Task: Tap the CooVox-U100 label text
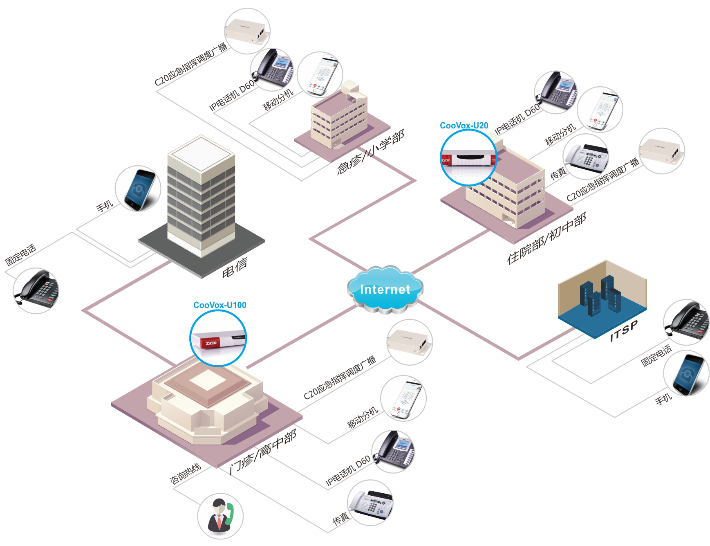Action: pos(219,305)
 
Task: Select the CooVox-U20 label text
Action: pos(464,126)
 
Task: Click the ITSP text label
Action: pos(623,331)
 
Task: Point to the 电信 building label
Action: pos(235,267)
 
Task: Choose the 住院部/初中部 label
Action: pos(546,239)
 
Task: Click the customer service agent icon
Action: pos(220,516)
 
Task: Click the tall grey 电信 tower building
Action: pos(201,196)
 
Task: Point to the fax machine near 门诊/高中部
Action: pos(370,503)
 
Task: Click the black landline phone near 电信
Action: pos(36,290)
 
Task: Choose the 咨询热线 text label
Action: pos(185,473)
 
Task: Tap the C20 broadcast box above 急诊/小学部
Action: pos(247,31)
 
